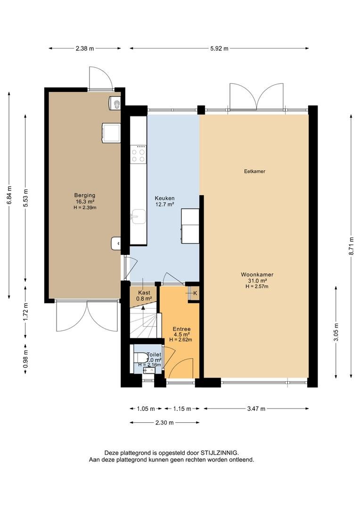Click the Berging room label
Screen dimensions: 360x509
point(85,196)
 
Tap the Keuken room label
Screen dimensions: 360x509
point(164,198)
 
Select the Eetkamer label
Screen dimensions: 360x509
point(254,171)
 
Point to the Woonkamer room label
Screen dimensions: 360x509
point(257,275)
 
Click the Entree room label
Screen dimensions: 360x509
point(181,329)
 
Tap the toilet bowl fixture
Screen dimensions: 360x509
point(140,357)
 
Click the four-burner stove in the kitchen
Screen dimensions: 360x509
point(138,154)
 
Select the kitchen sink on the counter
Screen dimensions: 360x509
point(138,216)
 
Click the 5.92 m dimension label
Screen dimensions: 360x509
point(219,49)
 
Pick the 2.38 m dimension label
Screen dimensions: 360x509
point(85,49)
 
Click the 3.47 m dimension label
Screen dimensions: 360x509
point(256,409)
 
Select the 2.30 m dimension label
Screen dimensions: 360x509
point(164,423)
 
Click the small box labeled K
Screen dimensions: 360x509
point(194,293)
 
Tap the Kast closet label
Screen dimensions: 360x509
point(144,293)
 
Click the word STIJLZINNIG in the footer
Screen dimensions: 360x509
point(220,452)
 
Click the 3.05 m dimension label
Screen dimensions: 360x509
point(336,332)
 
